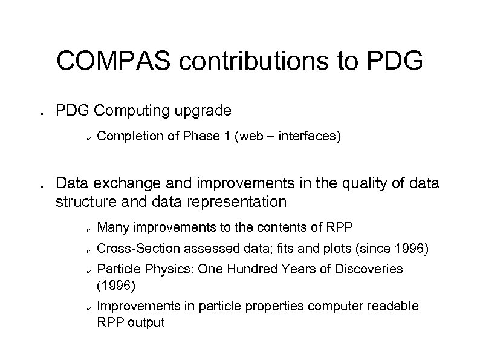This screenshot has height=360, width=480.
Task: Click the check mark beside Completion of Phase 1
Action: click(x=88, y=139)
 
